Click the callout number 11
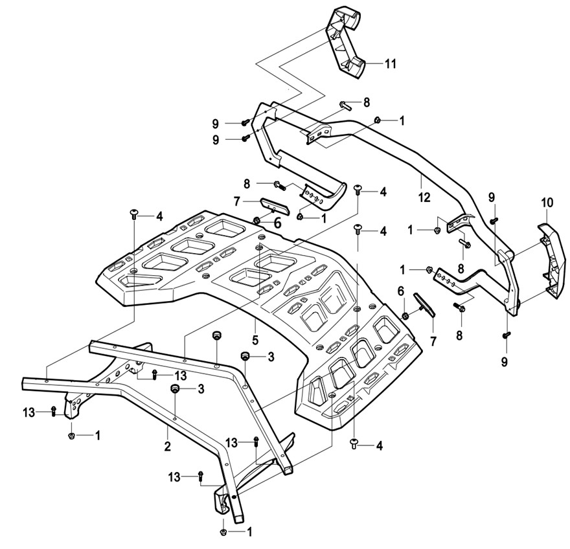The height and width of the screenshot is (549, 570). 390,64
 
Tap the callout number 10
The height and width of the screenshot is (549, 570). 547,203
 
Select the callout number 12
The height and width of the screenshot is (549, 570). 424,197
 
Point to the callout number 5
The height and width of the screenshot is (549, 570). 255,340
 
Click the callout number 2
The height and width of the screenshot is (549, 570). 167,446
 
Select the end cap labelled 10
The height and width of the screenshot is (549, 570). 552,262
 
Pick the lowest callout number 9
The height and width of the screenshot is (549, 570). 504,362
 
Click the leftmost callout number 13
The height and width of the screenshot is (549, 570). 29,412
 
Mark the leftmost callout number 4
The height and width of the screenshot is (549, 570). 159,216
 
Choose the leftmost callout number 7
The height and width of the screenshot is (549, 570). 237,201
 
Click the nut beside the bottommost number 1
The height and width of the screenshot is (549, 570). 223,532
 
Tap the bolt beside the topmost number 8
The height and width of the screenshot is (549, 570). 345,106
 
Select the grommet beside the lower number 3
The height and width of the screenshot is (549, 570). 175,388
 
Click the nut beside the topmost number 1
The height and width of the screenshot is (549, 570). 378,120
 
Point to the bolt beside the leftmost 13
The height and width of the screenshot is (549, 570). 53,411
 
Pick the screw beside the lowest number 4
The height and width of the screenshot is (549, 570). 354,443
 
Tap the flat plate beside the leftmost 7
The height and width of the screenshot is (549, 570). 275,207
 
